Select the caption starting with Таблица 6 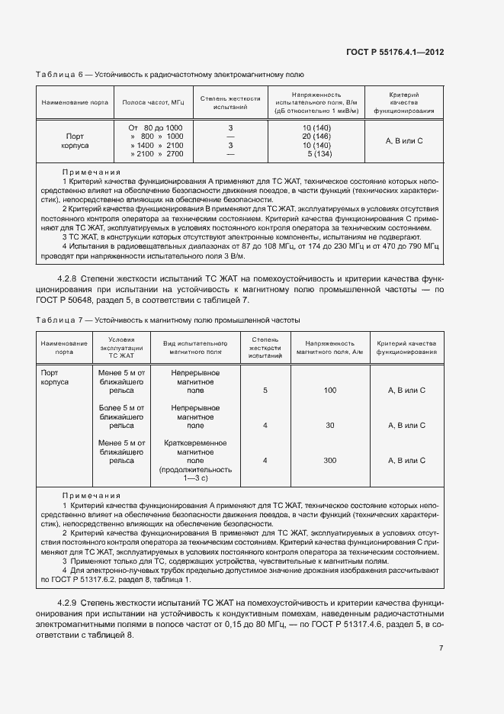(170, 75)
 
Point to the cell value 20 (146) (316, 136)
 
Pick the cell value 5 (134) (316, 154)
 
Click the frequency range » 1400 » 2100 (156, 145)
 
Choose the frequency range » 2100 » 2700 (156, 154)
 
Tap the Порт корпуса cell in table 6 (75, 140)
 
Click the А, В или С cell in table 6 (404, 140)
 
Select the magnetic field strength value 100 (329, 390)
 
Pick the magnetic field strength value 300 (329, 461)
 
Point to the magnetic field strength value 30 (329, 426)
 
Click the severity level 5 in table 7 (265, 390)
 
